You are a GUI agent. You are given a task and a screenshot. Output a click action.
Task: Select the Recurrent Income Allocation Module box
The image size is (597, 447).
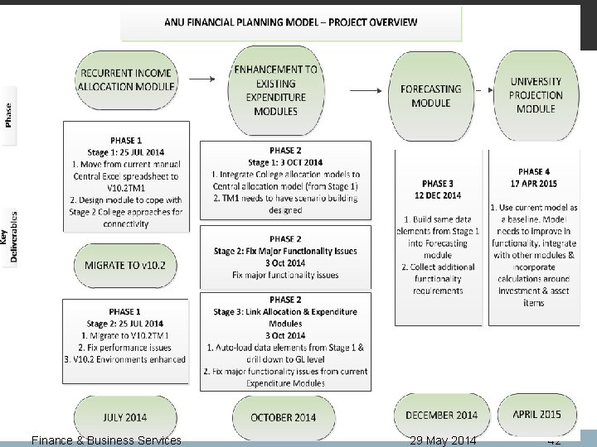(127, 79)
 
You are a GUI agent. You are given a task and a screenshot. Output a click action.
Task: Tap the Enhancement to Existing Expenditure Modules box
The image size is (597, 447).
(276, 90)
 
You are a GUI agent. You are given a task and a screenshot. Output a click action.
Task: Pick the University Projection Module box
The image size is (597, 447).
(536, 95)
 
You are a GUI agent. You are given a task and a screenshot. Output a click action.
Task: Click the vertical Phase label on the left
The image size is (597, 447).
(9, 113)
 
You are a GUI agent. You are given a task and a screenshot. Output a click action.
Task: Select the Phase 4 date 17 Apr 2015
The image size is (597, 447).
(536, 184)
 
